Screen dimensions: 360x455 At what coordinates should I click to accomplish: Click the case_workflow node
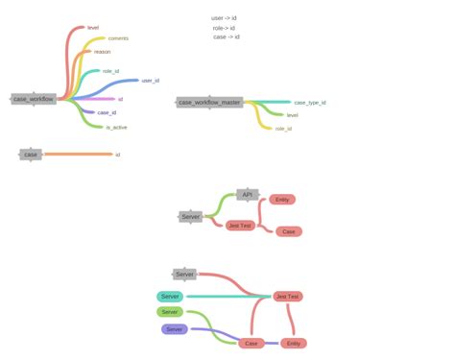click(x=34, y=99)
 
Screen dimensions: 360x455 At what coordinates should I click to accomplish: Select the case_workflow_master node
click(x=209, y=102)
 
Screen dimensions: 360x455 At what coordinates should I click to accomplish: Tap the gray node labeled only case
click(x=31, y=154)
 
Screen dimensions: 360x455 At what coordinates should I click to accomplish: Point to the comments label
click(x=119, y=38)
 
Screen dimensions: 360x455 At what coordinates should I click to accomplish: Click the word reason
click(x=102, y=52)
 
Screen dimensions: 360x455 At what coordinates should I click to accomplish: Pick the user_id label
click(x=151, y=81)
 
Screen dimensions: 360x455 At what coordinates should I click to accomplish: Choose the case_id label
click(x=108, y=113)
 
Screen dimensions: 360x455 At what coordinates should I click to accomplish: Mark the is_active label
click(x=116, y=127)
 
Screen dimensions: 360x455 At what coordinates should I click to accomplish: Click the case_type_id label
click(x=310, y=102)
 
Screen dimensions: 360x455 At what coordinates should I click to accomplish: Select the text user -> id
click(x=224, y=17)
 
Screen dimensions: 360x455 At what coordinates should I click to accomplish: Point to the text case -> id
click(x=227, y=37)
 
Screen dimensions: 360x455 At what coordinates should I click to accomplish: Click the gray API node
click(x=247, y=194)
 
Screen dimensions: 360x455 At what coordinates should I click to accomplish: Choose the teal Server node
click(x=171, y=296)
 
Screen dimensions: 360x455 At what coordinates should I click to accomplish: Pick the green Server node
click(x=170, y=312)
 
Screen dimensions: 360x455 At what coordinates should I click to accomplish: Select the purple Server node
click(x=174, y=329)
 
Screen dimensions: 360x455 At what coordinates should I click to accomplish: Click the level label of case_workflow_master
click(x=292, y=115)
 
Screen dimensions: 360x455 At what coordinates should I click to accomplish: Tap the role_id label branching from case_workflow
click(x=110, y=71)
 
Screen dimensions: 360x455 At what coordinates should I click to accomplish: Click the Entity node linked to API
click(x=281, y=200)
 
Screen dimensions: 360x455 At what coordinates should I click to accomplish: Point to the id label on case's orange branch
click(x=117, y=154)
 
